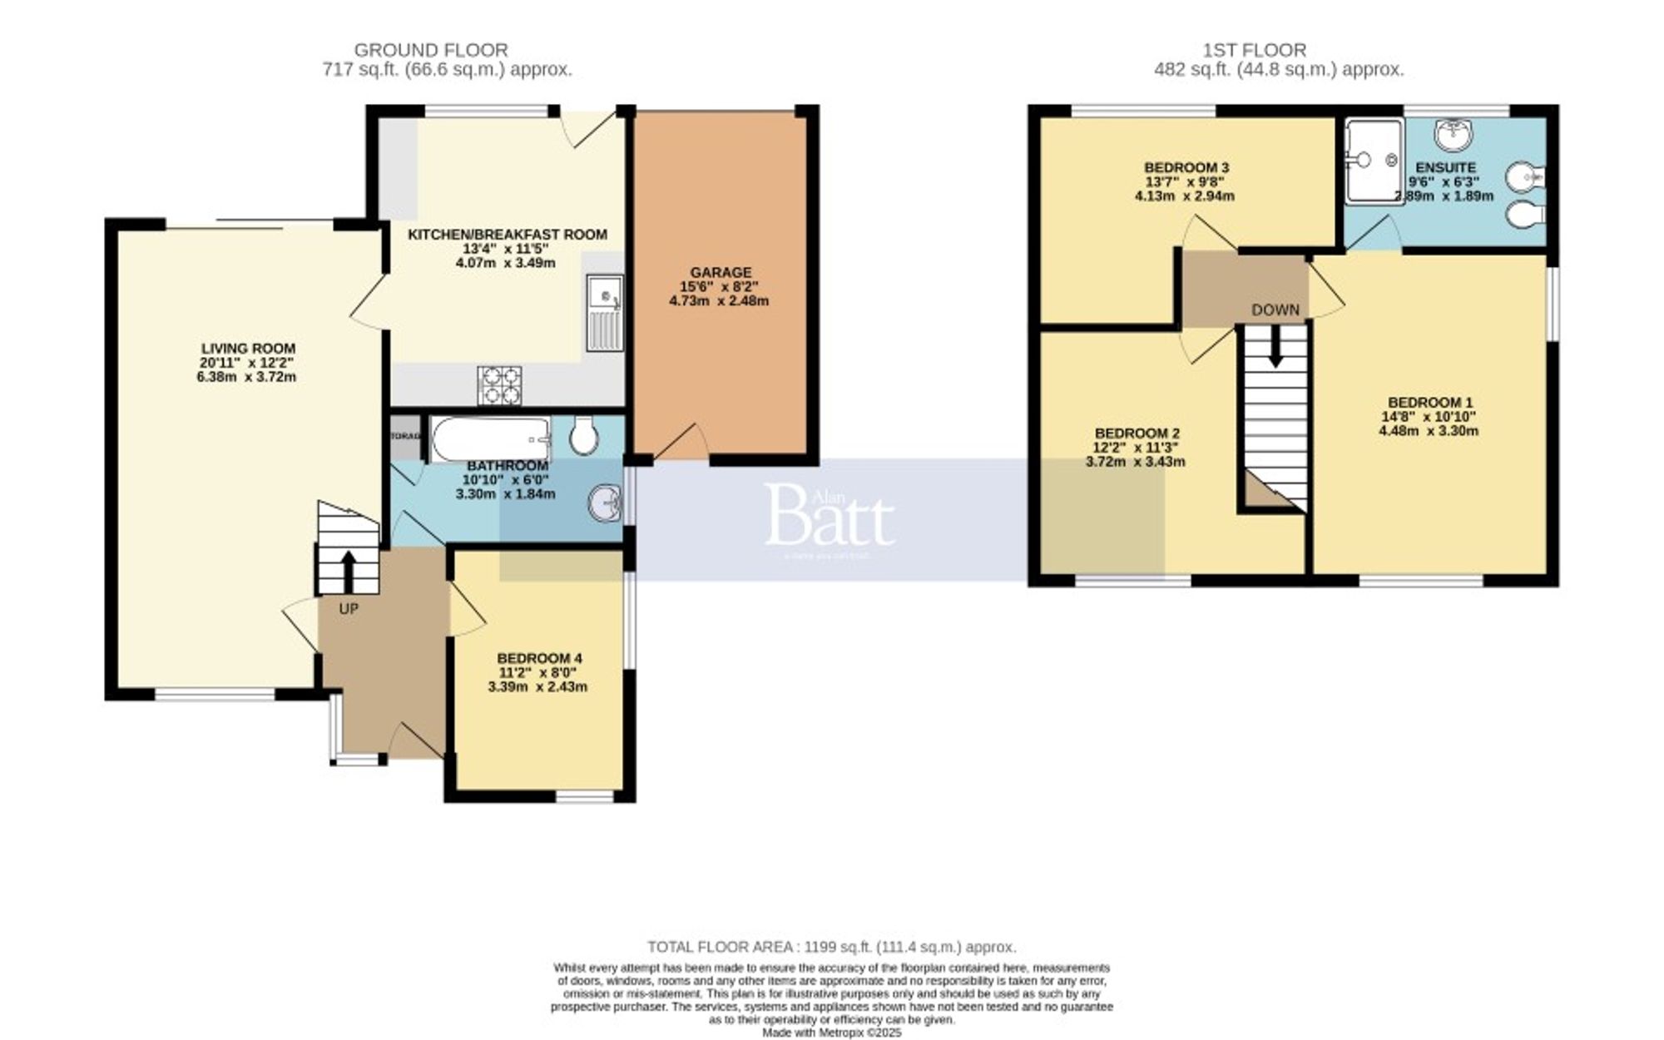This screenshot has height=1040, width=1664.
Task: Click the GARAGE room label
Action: (x=720, y=272)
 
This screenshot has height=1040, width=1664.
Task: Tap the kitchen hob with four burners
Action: (x=499, y=385)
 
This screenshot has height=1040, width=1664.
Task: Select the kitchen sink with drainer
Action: (x=604, y=312)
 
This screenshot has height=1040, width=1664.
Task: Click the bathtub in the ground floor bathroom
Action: (x=490, y=438)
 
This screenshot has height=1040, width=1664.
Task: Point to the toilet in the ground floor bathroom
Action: (x=584, y=434)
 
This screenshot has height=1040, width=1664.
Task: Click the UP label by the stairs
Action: (x=349, y=609)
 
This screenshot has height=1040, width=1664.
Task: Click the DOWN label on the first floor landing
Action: (x=1275, y=310)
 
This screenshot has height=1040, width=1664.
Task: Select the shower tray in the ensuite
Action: (x=1373, y=160)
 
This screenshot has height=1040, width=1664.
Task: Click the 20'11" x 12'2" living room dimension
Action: (x=247, y=363)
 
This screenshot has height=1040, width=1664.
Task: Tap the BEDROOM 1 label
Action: (x=1429, y=402)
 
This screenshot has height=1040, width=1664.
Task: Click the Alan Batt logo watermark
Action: (x=829, y=518)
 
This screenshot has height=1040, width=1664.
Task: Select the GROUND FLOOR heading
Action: (x=430, y=50)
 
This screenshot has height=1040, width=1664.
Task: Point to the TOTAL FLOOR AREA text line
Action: (x=831, y=947)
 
